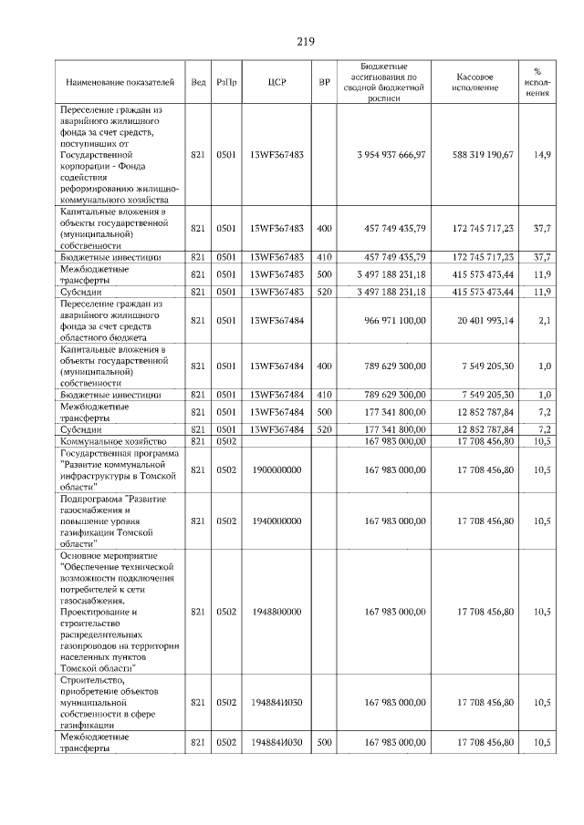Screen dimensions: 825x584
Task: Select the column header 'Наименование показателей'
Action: click(120, 82)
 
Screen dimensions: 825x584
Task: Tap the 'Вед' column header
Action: click(198, 82)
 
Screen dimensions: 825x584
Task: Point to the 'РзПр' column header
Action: click(227, 82)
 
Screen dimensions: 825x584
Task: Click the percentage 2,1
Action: click(544, 320)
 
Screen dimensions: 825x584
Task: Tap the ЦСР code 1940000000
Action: click(276, 521)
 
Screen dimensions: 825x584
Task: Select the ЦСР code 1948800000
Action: click(276, 612)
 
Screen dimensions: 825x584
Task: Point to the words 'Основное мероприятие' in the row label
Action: click(109, 555)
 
